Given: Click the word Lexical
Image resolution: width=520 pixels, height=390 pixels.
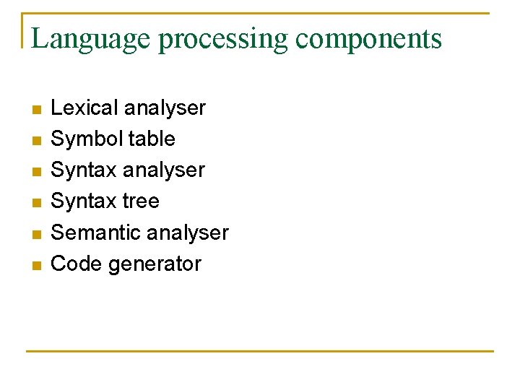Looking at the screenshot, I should (84, 108).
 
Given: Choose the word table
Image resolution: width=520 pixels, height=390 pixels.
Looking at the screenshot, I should (150, 139).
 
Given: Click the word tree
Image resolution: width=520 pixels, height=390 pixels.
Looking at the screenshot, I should (141, 201).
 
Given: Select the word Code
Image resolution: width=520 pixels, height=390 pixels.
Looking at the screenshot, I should (77, 264).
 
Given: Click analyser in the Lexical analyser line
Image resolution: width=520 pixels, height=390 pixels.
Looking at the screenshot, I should (165, 109).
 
